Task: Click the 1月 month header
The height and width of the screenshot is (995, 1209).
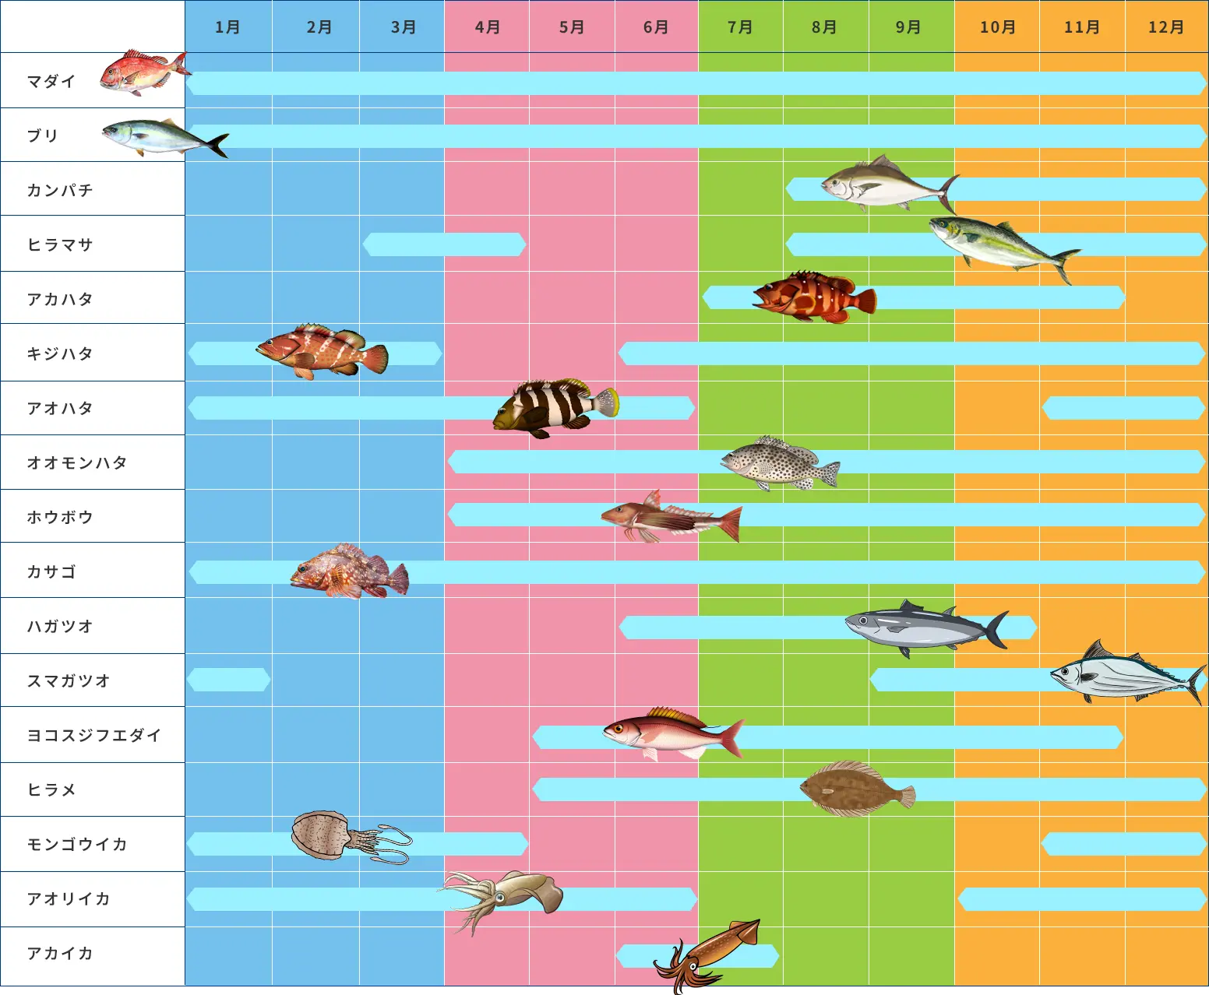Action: tap(227, 27)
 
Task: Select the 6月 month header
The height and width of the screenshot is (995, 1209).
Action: tap(656, 27)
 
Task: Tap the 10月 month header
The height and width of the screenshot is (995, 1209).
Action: tap(997, 27)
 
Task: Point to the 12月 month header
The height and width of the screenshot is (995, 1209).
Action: tap(1166, 27)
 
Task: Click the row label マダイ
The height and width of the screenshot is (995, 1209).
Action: tap(51, 81)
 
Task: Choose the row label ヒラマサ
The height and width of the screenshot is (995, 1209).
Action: tap(60, 244)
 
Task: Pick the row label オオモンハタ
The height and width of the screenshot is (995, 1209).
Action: tap(77, 462)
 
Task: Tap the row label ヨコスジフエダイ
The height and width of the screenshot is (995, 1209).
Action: tap(94, 735)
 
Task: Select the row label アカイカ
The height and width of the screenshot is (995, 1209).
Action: tap(60, 953)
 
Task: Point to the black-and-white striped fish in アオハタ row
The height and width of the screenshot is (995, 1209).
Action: tap(555, 406)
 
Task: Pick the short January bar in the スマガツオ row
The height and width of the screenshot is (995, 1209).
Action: tap(228, 680)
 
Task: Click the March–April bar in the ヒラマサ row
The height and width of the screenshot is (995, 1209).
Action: tap(444, 244)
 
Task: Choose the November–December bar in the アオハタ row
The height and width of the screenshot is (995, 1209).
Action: tap(1123, 408)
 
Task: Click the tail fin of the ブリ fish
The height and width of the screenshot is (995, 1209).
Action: tap(217, 144)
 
